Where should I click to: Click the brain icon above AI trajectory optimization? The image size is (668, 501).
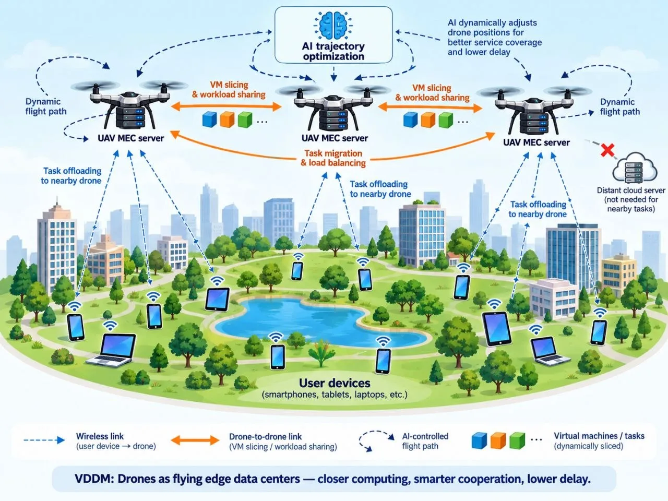[333, 25]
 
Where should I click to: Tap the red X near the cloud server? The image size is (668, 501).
[607, 150]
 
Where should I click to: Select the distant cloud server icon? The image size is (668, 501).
[635, 168]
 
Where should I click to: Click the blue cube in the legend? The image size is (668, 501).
[479, 440]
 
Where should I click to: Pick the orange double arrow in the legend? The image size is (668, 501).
[195, 440]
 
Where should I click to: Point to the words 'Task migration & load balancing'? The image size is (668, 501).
[333, 158]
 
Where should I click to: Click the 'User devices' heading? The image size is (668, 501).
[335, 383]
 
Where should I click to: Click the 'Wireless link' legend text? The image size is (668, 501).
[100, 436]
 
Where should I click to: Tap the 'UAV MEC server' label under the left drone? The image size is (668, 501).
[131, 138]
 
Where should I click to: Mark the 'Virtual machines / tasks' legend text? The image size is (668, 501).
[599, 436]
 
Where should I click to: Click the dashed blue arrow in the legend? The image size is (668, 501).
[44, 440]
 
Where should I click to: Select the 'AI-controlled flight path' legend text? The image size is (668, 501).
[425, 441]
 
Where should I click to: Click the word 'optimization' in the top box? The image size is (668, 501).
[333, 56]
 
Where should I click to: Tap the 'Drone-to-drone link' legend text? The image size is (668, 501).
[265, 436]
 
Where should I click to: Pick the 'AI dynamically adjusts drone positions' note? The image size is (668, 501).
[495, 37]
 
